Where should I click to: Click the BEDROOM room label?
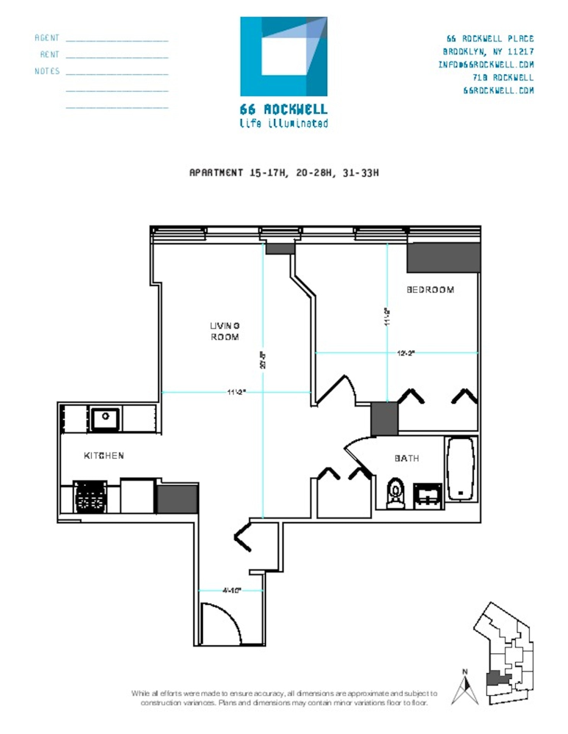point(431,290)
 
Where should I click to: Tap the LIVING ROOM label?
point(225,331)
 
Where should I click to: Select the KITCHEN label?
point(104,456)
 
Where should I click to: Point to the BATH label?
point(406,458)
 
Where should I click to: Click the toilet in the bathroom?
point(395,493)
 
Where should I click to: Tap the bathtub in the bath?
point(461,469)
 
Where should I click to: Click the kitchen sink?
point(106,419)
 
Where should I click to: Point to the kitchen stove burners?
point(90,497)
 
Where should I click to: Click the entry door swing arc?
point(221,623)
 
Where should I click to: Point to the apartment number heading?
point(284,173)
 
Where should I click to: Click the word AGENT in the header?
point(47,37)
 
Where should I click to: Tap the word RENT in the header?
point(50,54)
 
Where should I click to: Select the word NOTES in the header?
point(47,71)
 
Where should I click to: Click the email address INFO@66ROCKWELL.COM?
point(486,65)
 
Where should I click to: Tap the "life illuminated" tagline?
point(284,123)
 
